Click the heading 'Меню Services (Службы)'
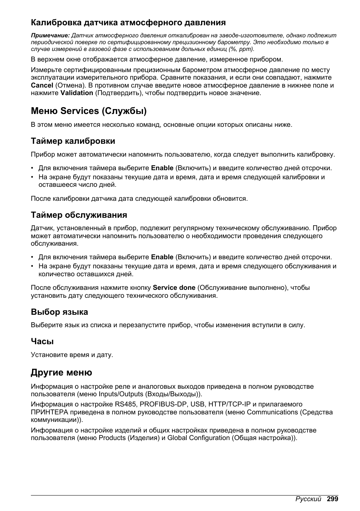(89, 111)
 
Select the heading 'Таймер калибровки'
(73, 141)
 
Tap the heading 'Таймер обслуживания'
(79, 215)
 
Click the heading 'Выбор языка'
(59, 312)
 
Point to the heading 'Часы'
(42, 342)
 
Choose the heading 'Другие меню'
(62, 373)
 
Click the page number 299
(332, 499)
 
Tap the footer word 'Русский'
(308, 499)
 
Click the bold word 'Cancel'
(42, 85)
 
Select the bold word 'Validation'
(77, 93)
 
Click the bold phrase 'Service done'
(174, 288)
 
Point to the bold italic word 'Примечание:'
(50, 35)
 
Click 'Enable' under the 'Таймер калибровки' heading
(162, 168)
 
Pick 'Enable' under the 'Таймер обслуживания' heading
(162, 257)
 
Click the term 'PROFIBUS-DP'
(163, 405)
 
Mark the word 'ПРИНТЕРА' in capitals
(49, 412)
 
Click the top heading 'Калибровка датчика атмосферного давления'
(128, 23)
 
